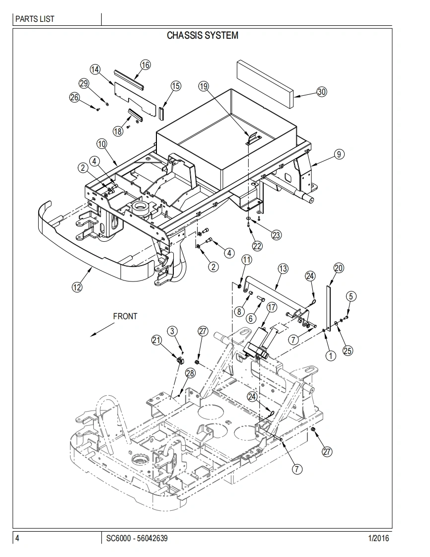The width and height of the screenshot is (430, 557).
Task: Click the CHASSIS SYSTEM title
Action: coord(203,36)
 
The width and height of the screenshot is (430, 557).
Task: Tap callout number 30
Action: coord(322,92)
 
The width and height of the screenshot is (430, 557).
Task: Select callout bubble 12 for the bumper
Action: coord(77,286)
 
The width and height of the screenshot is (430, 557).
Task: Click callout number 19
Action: coord(204,86)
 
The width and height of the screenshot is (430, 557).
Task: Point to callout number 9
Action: coord(339,154)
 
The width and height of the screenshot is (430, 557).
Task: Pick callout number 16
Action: coord(145,65)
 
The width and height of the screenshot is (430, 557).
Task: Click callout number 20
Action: coord(339,268)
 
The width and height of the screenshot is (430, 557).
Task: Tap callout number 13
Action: coord(283,269)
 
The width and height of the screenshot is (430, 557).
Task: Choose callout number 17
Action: coord(272,307)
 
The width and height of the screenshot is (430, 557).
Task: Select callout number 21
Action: coord(157,340)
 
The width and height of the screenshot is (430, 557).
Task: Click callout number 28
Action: coord(191,373)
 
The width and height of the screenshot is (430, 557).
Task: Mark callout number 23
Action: coord(276,235)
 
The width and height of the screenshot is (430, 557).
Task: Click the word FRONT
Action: coord(125,316)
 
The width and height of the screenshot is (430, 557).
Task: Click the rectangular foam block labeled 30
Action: coord(266,84)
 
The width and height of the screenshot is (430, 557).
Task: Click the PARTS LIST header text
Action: coord(35,19)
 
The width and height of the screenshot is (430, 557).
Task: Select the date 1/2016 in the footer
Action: coord(379,538)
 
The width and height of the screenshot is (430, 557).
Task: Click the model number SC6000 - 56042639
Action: coord(137,538)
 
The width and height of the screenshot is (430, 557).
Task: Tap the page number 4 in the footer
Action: coord(17,538)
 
